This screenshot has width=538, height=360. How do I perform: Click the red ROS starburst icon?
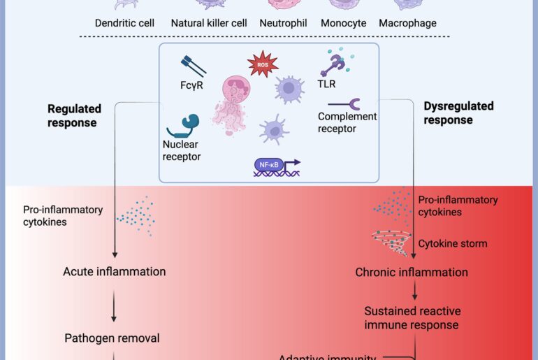click(x=263, y=65)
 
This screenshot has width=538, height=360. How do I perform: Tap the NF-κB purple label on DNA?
click(x=269, y=165)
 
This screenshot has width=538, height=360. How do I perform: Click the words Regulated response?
click(x=74, y=115)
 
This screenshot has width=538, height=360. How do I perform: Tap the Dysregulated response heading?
click(x=458, y=113)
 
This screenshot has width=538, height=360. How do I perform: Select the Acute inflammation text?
click(x=114, y=271)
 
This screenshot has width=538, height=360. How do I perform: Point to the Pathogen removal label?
click(x=112, y=338)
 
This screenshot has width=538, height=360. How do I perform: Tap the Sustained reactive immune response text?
click(x=412, y=317)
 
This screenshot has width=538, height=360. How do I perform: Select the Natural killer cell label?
click(x=209, y=23)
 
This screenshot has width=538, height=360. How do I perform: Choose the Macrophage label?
click(x=407, y=23)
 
